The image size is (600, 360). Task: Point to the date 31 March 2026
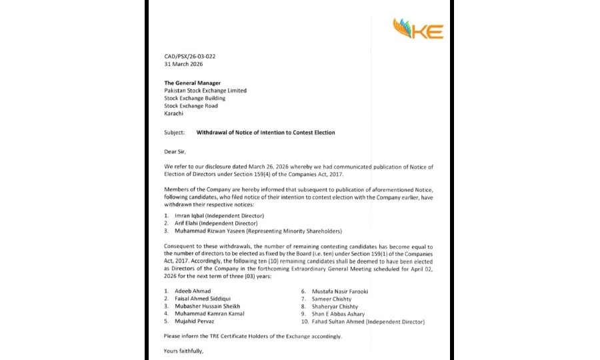tap(183, 65)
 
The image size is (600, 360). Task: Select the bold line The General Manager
tap(192, 83)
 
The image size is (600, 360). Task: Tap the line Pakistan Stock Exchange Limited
tap(205, 91)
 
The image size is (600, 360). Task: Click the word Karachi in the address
tap(174, 114)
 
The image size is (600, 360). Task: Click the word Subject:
tap(174, 133)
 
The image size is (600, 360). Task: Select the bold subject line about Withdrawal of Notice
tap(265, 133)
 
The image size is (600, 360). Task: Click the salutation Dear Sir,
tap(176, 151)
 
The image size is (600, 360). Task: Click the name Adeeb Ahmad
tap(193, 291)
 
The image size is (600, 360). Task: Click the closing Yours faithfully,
tap(183, 351)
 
